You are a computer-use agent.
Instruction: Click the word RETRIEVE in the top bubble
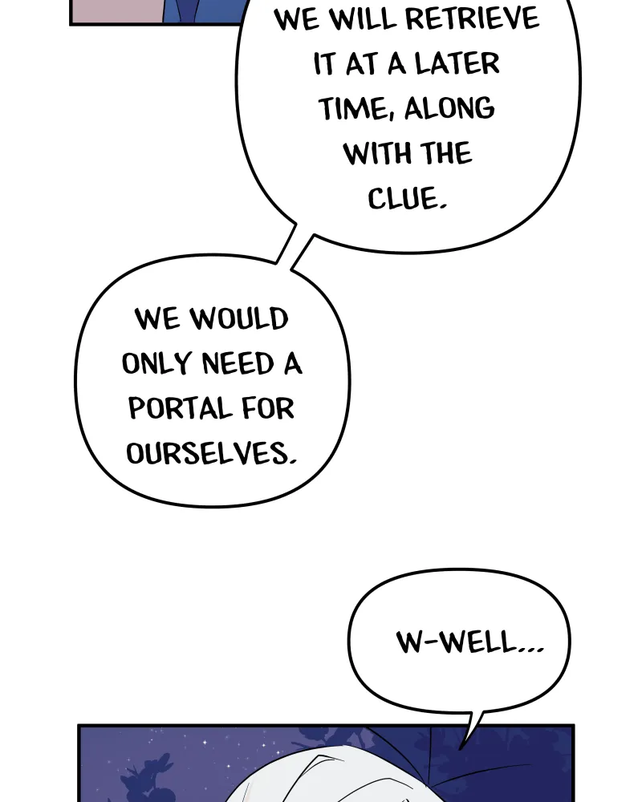point(472,19)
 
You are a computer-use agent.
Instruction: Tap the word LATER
point(457,64)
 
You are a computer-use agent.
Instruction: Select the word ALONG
point(449,108)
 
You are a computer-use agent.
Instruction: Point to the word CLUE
point(407,198)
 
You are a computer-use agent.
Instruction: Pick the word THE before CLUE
point(445,153)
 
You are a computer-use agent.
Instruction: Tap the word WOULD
point(239,318)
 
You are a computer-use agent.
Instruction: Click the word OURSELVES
point(211,454)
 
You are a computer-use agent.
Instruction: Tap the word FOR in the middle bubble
point(268,408)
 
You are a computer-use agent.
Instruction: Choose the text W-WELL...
point(469,642)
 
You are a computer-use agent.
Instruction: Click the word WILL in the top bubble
point(362,19)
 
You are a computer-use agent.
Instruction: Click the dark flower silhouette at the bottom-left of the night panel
point(146,776)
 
